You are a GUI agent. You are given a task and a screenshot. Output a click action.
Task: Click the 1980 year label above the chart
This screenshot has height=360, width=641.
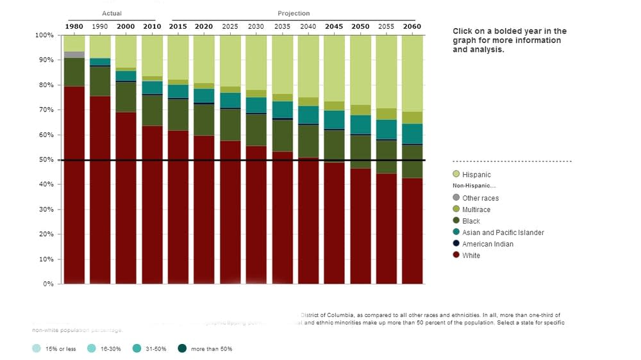coord(74,26)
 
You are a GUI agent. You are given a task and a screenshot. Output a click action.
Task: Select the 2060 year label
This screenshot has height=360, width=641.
coord(412,26)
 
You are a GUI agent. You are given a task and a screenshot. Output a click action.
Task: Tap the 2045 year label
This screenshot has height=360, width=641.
coord(334,26)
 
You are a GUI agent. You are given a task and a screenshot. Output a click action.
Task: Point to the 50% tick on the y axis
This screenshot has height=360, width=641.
coord(45,160)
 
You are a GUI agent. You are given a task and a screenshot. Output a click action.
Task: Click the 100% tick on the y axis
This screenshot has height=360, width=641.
coord(44,35)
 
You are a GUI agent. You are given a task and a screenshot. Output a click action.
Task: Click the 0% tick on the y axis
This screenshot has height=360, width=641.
coord(48,284)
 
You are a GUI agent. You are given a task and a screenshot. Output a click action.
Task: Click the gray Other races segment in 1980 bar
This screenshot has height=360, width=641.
coord(74,54)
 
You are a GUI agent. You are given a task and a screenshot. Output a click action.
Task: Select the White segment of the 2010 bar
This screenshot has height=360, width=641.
coord(153,205)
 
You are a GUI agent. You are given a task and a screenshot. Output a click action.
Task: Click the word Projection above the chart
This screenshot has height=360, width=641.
coord(294,13)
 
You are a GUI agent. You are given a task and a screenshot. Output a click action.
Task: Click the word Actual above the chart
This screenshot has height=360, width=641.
coord(112,13)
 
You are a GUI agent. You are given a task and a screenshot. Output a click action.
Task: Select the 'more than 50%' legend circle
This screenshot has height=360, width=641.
coord(182,348)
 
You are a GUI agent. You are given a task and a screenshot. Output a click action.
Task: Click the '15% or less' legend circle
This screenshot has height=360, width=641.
coord(37,348)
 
